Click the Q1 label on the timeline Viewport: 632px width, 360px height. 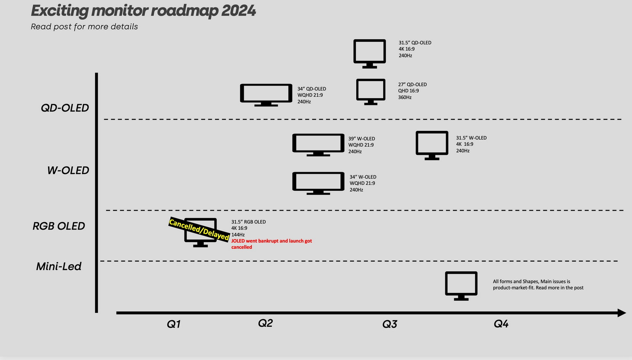point(174,324)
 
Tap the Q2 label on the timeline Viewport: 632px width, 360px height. point(265,323)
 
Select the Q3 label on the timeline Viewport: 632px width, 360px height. point(390,324)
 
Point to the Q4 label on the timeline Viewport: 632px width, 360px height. point(501,324)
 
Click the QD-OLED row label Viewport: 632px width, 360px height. point(65,108)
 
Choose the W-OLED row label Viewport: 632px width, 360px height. point(68,170)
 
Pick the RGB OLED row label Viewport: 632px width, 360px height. point(58,226)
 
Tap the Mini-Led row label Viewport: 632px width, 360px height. point(58,266)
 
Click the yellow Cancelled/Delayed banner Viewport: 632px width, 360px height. point(199,229)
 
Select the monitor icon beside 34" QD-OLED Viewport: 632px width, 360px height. point(266,85)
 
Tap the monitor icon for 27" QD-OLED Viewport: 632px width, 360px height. point(371,81)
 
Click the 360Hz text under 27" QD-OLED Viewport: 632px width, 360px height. point(405,97)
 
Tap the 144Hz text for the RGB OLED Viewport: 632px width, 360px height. point(238,234)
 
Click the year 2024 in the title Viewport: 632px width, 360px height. point(238,11)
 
